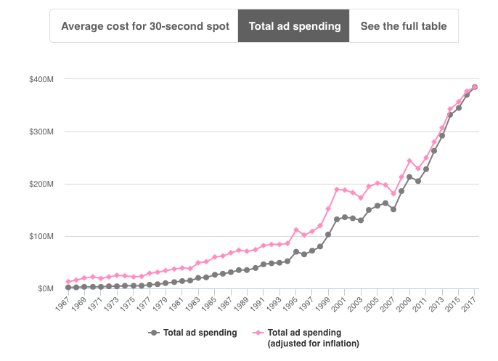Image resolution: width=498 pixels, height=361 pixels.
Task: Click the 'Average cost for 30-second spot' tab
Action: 144,26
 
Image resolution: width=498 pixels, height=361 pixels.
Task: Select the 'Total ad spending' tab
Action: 294,26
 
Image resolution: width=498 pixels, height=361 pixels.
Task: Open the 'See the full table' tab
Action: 404,26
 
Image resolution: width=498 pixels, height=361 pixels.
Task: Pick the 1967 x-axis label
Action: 63,303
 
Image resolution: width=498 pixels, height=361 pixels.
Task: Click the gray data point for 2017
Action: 475,87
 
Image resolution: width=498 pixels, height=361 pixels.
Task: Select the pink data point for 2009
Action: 409,161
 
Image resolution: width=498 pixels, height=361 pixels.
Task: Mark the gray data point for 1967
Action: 68,287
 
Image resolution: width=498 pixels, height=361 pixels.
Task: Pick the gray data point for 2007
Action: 393,209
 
